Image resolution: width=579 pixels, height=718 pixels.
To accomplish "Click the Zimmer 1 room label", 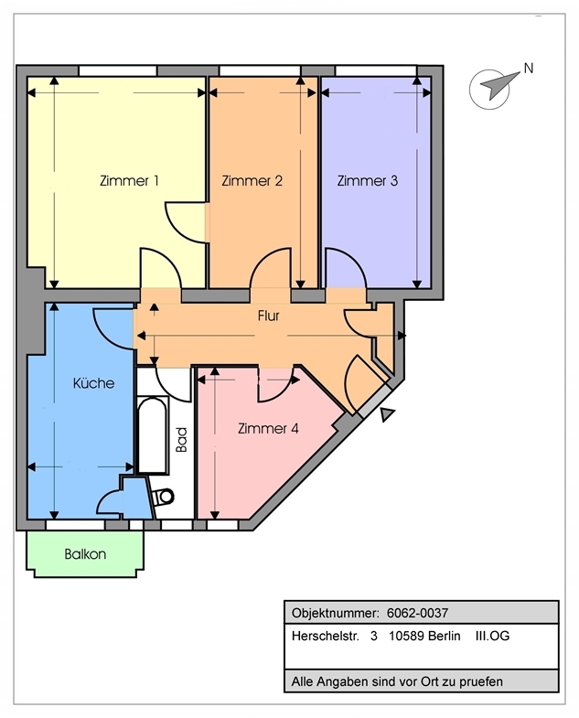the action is click(129, 181).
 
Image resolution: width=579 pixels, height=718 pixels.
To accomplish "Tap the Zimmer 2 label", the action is click(252, 181).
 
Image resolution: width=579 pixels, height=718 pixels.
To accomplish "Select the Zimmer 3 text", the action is click(368, 181).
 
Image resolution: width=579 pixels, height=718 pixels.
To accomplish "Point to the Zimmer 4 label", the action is click(268, 429).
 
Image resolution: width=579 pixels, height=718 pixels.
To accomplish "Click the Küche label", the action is click(93, 383).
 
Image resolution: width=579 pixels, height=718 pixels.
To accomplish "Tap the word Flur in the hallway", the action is click(268, 316).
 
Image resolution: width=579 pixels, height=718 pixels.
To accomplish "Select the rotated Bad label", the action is click(182, 440).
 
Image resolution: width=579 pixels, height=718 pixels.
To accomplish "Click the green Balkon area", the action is click(85, 553).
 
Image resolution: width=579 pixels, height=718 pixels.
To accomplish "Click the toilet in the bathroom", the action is click(162, 497).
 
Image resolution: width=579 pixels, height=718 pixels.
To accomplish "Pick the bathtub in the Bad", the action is click(152, 435).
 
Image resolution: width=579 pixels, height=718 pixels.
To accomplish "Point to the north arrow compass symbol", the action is click(495, 88).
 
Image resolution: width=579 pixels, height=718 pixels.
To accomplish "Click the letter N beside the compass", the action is click(529, 69).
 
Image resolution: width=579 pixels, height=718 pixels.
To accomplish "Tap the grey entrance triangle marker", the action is click(387, 414).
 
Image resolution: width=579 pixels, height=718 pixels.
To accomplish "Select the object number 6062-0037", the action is click(417, 613).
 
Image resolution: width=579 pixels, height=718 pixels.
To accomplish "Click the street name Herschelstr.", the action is click(326, 636).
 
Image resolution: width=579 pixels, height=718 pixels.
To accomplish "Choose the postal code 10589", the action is click(406, 636).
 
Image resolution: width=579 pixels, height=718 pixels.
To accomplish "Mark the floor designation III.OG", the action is click(492, 636).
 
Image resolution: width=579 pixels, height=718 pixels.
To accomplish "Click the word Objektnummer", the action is click(336, 614).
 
